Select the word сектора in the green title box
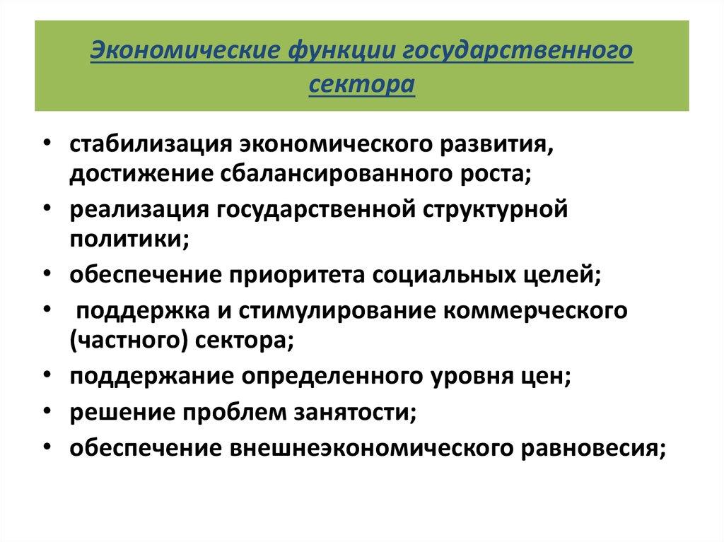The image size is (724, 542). click(362, 83)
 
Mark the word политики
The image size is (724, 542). click(127, 240)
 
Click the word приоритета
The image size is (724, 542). click(298, 276)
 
